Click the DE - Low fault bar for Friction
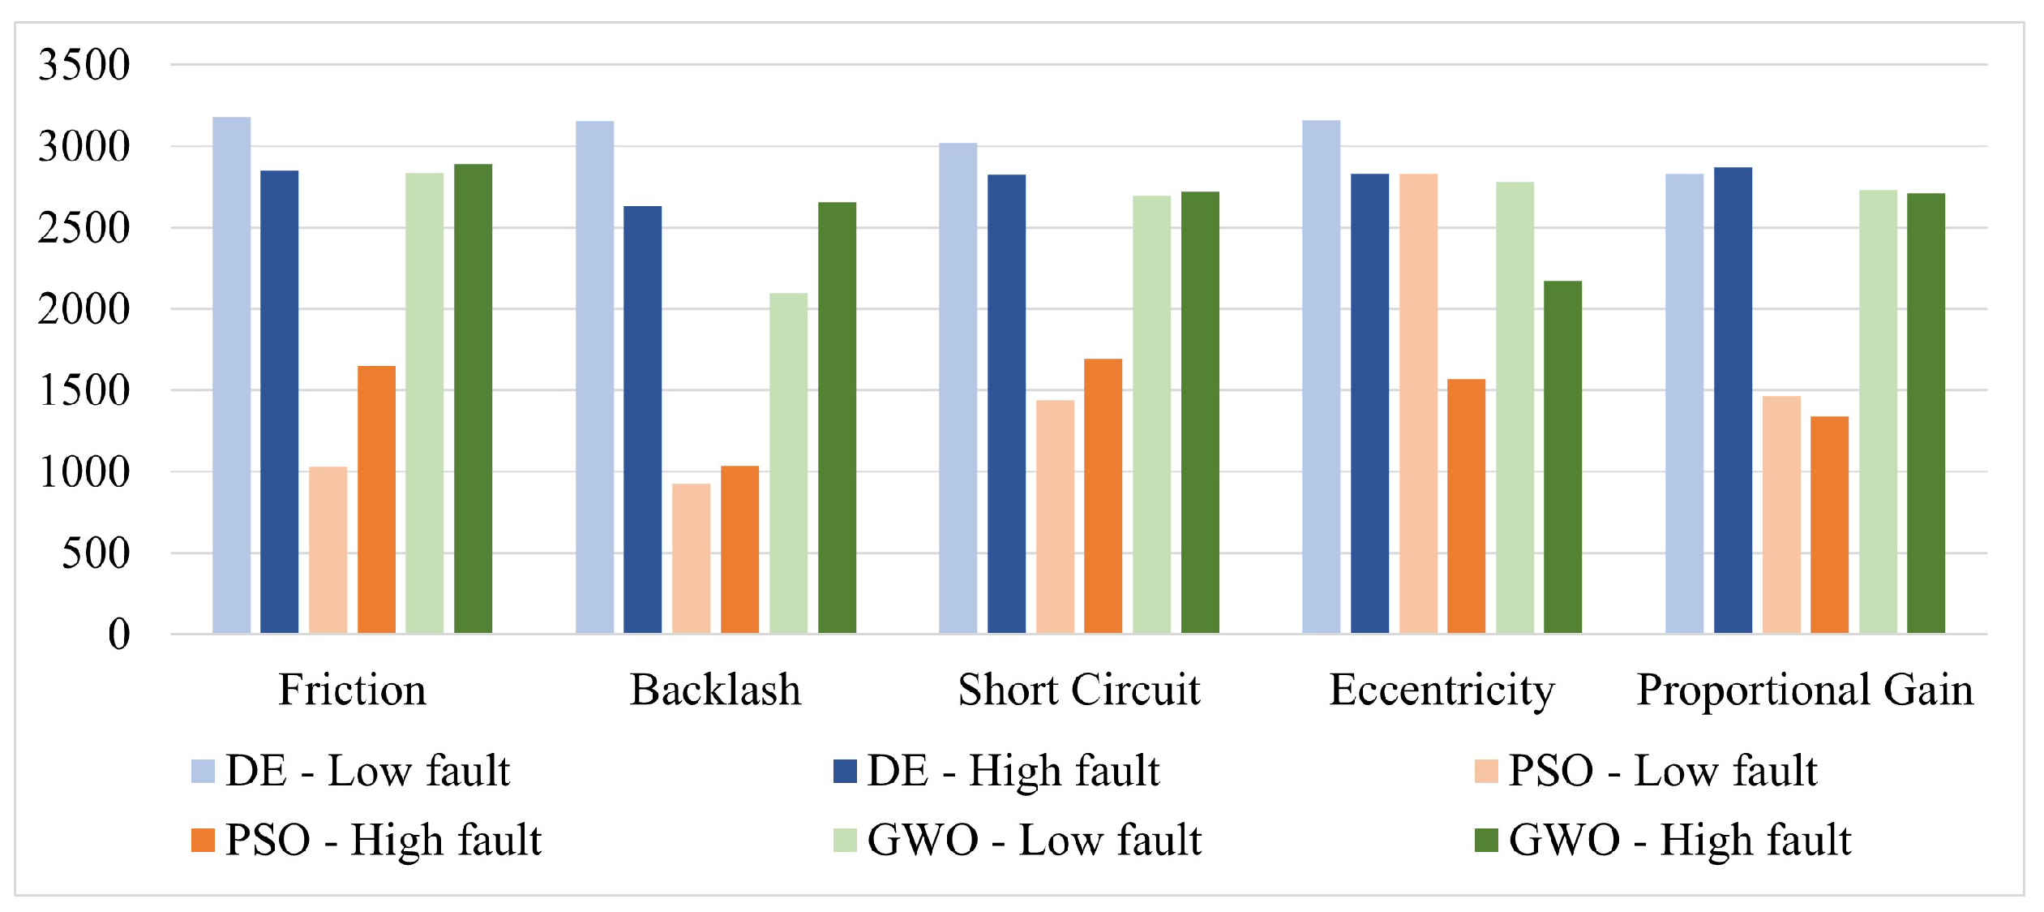pyautogui.click(x=231, y=375)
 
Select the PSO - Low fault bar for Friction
pyautogui.click(x=328, y=550)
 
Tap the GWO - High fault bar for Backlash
pyautogui.click(x=837, y=417)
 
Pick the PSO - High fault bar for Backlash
pyautogui.click(x=739, y=549)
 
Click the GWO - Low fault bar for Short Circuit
pyautogui.click(x=1151, y=414)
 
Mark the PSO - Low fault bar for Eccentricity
pyautogui.click(x=1418, y=403)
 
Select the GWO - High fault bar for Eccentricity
pyautogui.click(x=1562, y=457)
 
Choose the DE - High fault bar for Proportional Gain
pyautogui.click(x=1733, y=400)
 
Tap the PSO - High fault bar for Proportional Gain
pyautogui.click(x=1829, y=524)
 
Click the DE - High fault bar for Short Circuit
pyautogui.click(x=1006, y=403)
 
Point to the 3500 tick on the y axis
pyautogui.click(x=84, y=65)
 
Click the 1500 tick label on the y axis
pyautogui.click(x=84, y=390)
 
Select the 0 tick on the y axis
pyautogui.click(x=118, y=634)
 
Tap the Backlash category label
pyautogui.click(x=715, y=690)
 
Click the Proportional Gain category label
pyautogui.click(x=1805, y=690)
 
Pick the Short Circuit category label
pyautogui.click(x=1078, y=690)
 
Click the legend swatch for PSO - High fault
pyautogui.click(x=203, y=841)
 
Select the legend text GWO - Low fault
pyautogui.click(x=1034, y=841)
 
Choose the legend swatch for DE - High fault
pyautogui.click(x=845, y=771)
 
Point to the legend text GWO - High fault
pyautogui.click(x=1680, y=841)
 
